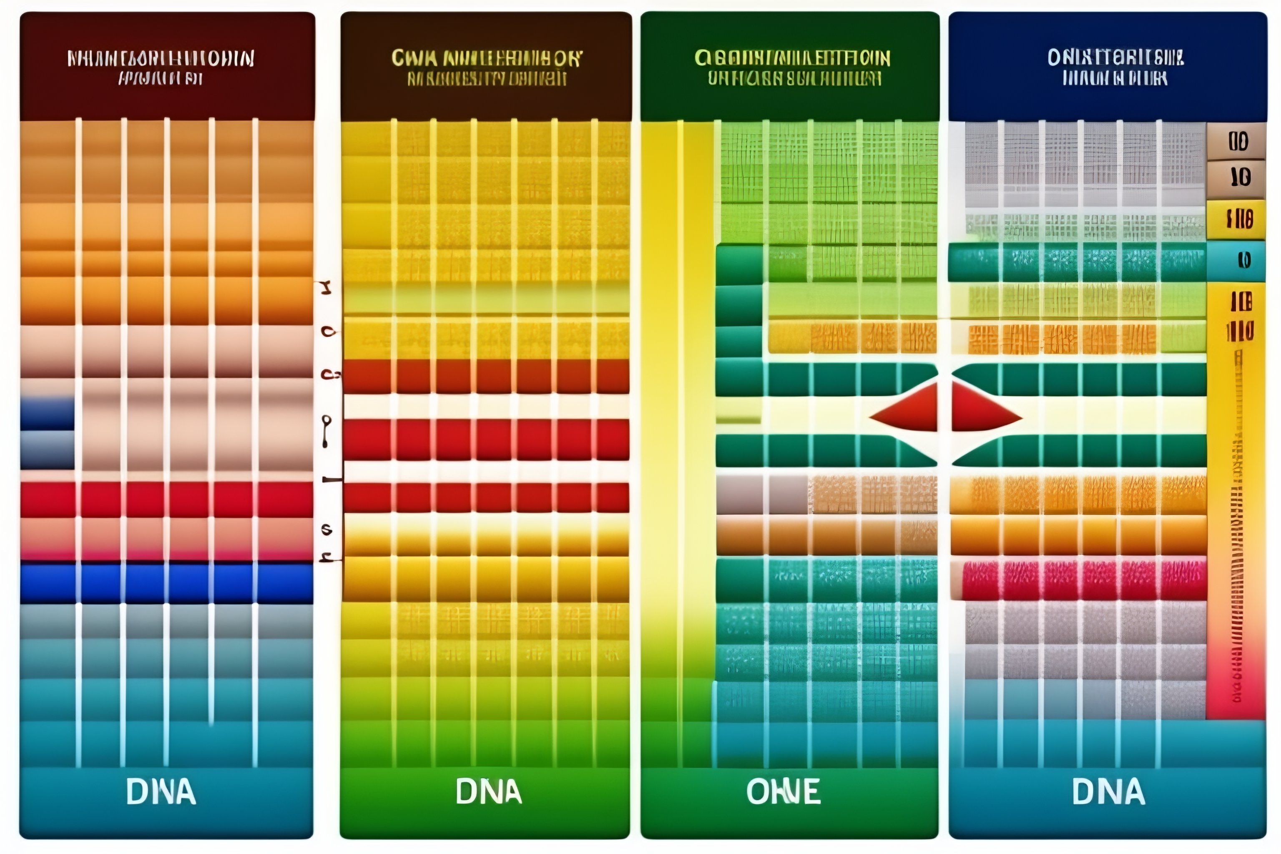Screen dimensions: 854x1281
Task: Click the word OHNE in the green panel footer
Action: [783, 792]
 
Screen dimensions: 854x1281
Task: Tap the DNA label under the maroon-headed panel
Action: [161, 792]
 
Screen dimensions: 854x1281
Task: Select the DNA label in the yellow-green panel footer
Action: [489, 792]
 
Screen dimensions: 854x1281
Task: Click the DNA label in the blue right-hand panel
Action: [1108, 792]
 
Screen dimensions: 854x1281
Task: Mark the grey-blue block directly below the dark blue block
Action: [48, 450]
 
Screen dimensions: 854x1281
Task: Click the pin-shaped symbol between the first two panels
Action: [326, 430]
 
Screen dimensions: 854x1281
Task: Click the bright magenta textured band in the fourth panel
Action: [1084, 580]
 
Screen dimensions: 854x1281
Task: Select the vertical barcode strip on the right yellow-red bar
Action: [1238, 523]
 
